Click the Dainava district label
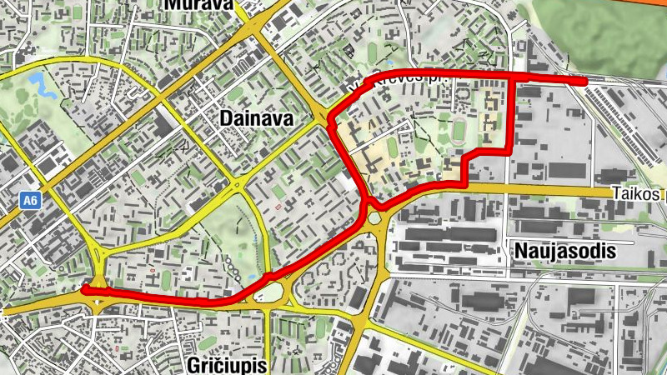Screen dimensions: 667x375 pyautogui.click(x=257, y=119)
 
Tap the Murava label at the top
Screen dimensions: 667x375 pyautogui.click(x=198, y=4)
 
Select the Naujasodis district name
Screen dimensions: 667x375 pyautogui.click(x=564, y=251)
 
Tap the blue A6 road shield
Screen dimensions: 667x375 pyautogui.click(x=30, y=200)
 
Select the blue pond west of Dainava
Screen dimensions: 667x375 pyautogui.click(x=38, y=82)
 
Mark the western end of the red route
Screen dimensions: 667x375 pyautogui.click(x=84, y=289)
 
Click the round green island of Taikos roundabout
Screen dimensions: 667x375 pyautogui.click(x=373, y=218)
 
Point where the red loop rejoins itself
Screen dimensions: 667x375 pyautogui.click(x=367, y=202)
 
